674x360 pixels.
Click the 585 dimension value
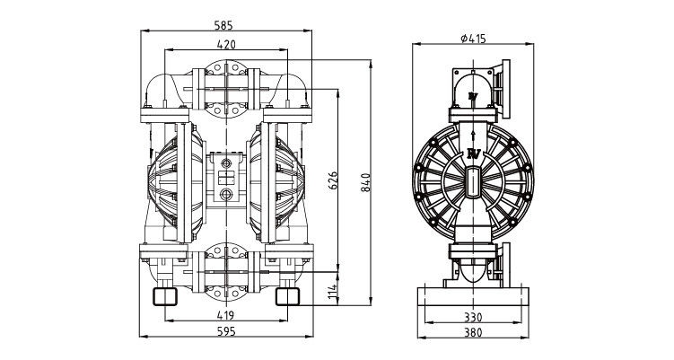click(x=223, y=25)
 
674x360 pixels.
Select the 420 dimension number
click(x=226, y=44)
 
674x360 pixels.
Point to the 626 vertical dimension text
click(x=333, y=181)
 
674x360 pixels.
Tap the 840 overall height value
click(x=365, y=182)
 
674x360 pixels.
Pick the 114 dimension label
click(x=333, y=293)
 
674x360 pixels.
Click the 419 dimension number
click(x=225, y=315)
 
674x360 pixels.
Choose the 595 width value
click(x=226, y=331)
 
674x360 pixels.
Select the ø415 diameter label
click(x=473, y=39)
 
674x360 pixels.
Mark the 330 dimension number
click(x=473, y=318)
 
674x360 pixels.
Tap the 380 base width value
click(x=473, y=332)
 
